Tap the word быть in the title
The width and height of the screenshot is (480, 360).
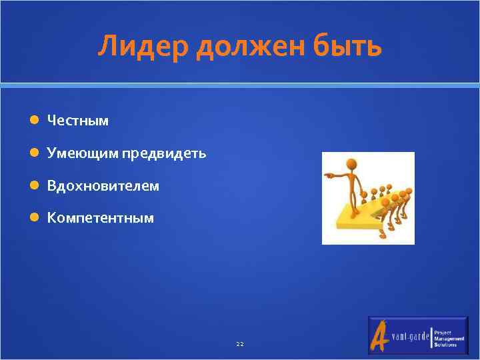click(x=350, y=47)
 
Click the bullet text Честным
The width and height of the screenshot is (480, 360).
click(x=77, y=121)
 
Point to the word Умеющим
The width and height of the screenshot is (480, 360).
click(x=82, y=153)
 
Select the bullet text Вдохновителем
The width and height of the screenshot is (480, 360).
click(x=103, y=186)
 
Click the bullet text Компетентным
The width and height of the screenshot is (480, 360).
click(x=100, y=218)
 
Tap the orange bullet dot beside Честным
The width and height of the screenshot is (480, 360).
click(x=34, y=121)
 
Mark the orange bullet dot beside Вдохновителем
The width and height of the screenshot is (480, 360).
click(x=34, y=186)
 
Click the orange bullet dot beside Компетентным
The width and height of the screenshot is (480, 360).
click(x=34, y=218)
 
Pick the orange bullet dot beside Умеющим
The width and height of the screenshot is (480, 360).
click(x=34, y=153)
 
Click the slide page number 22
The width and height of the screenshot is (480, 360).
click(x=240, y=344)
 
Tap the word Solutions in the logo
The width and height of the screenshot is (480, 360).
click(x=445, y=345)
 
